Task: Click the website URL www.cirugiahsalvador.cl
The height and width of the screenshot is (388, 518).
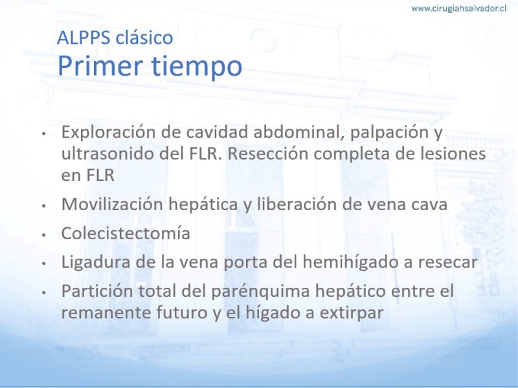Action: pos(458,8)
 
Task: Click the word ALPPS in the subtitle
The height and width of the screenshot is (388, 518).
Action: pos(84,38)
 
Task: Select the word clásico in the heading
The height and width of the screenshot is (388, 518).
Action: pos(144,37)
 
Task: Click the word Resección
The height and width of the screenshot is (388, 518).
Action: pos(268,153)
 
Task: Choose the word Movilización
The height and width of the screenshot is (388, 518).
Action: pos(112,204)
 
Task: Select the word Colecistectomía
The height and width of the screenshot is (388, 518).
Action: pos(126,233)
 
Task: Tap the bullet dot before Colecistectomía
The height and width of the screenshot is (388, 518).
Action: pos(43,235)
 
